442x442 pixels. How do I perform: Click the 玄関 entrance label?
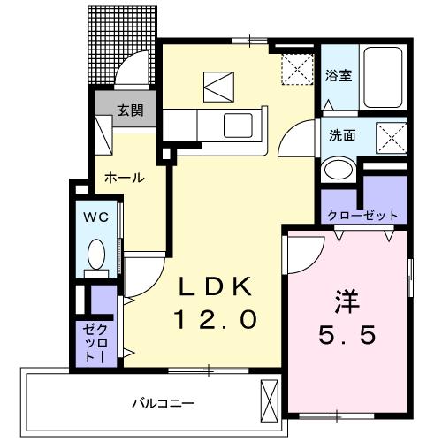pos(131,110)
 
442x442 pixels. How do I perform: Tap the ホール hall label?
pos(125,178)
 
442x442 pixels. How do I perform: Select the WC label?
pos(96,217)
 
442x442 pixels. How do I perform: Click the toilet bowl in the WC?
pos(96,254)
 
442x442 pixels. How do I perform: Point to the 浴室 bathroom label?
pos(339,75)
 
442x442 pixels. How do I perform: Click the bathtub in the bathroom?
pos(383,78)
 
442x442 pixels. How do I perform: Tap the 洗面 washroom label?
pos(342,135)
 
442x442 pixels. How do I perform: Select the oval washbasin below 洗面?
pos(339,170)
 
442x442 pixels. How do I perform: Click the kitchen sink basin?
pos(238,126)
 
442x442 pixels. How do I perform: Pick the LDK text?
pos(216,286)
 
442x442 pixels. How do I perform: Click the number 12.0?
pos(216,320)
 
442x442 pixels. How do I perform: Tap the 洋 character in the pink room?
pos(347,301)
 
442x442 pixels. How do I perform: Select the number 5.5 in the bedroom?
pos(347,335)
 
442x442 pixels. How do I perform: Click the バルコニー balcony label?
pos(163,403)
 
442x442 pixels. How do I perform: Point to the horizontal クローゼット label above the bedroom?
pos(362,216)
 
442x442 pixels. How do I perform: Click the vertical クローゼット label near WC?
pos(95,343)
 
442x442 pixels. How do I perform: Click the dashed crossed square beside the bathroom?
pos(297,69)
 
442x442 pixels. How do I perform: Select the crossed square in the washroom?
pos(392,138)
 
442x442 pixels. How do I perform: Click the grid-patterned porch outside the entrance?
pos(122,44)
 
